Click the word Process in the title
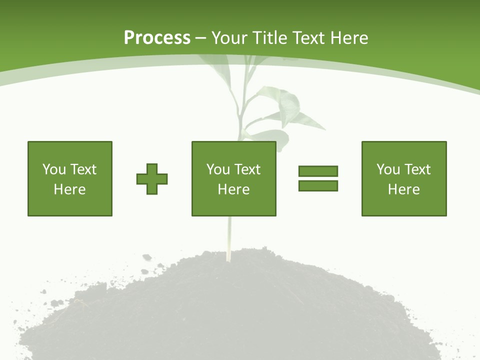pyautogui.click(x=157, y=38)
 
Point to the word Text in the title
pyautogui.click(x=308, y=38)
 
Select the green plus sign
pyautogui.click(x=152, y=179)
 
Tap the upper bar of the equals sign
pyautogui.click(x=318, y=171)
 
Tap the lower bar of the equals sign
pyautogui.click(x=318, y=185)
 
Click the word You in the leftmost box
pyautogui.click(x=53, y=169)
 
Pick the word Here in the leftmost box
pyautogui.click(x=69, y=189)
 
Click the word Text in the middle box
pyautogui.click(x=247, y=169)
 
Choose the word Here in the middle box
pyautogui.click(x=233, y=189)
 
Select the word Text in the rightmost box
pyautogui.click(x=417, y=169)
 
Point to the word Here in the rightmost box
pyautogui.click(x=403, y=189)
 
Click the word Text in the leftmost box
pyautogui.click(x=83, y=169)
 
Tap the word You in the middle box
pyautogui.click(x=217, y=169)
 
